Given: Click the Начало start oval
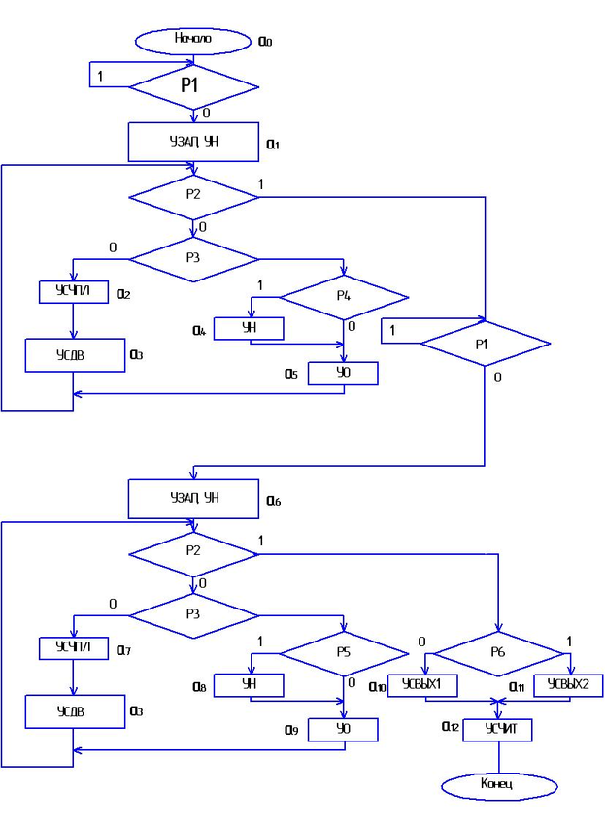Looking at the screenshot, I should click(x=193, y=40).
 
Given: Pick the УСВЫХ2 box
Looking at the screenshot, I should click(x=569, y=684).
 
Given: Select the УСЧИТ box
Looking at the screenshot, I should click(x=496, y=729).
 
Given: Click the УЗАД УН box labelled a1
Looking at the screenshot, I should click(x=193, y=142).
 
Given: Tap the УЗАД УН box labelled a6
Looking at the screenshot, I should click(x=193, y=498).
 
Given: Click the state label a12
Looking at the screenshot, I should click(x=449, y=727).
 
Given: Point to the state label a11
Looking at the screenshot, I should click(x=520, y=686).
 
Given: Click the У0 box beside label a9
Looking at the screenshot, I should click(x=342, y=728).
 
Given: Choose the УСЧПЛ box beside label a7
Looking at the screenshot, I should click(x=73, y=646).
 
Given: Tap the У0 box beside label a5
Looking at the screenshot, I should click(x=342, y=373).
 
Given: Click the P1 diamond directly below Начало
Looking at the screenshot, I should click(x=193, y=85).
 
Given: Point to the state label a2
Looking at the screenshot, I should click(x=123, y=293).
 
